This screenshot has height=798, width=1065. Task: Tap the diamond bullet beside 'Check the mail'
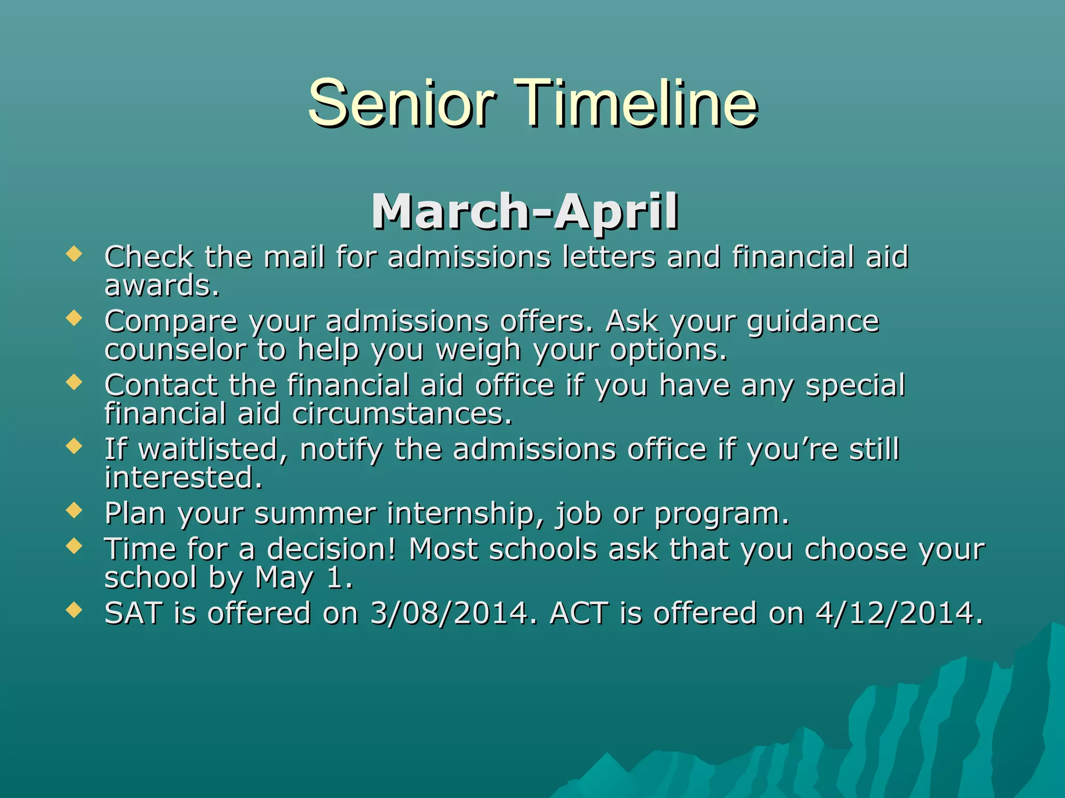74,254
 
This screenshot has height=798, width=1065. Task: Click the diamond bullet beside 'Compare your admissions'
74,318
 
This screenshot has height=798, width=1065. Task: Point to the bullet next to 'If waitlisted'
74,446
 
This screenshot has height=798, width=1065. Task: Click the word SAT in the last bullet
134,613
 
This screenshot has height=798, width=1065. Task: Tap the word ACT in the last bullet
578,613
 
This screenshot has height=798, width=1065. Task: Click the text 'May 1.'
304,578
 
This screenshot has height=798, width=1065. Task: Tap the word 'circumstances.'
402,414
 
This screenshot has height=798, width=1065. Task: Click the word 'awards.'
162,286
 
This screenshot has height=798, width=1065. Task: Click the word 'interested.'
183,478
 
